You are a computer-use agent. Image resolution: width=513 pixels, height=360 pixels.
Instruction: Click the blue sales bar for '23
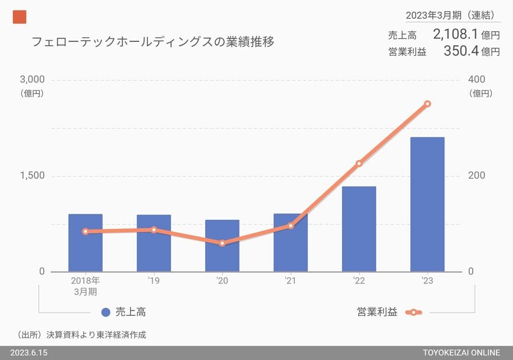pyautogui.click(x=427, y=204)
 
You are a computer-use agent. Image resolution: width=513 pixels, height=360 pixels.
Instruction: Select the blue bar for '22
pyautogui.click(x=359, y=229)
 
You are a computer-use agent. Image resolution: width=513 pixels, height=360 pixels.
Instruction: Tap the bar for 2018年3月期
pyautogui.click(x=85, y=243)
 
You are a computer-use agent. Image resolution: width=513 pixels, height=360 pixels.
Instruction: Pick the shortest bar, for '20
pyautogui.click(x=222, y=246)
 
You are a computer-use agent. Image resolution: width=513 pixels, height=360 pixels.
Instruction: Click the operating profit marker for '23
pyautogui.click(x=427, y=104)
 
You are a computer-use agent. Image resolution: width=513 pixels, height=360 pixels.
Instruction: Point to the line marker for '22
pyautogui.click(x=359, y=163)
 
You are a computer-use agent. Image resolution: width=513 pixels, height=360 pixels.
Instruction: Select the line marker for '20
pyautogui.click(x=222, y=243)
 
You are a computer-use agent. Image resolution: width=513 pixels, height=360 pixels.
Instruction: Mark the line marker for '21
pyautogui.click(x=291, y=226)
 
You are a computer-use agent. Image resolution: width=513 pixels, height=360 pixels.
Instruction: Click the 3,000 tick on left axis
pyautogui.click(x=32, y=80)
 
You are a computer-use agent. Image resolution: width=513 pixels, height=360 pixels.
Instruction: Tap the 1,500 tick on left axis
pyautogui.click(x=32, y=176)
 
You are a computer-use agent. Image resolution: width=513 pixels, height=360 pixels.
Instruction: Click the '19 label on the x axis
pyautogui.click(x=154, y=281)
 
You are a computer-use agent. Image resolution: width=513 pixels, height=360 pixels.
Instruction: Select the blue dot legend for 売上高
pyautogui.click(x=106, y=312)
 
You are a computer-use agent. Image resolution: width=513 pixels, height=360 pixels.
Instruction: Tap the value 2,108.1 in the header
pyautogui.click(x=455, y=34)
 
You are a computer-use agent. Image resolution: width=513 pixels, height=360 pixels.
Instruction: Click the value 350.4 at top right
pyautogui.click(x=461, y=51)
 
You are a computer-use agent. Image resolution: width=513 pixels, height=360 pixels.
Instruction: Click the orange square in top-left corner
pyautogui.click(x=19, y=18)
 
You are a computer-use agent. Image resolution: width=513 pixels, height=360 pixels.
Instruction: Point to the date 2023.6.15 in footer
pyautogui.click(x=28, y=352)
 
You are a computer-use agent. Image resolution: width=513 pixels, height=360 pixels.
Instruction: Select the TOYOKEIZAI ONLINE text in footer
pyautogui.click(x=461, y=352)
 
